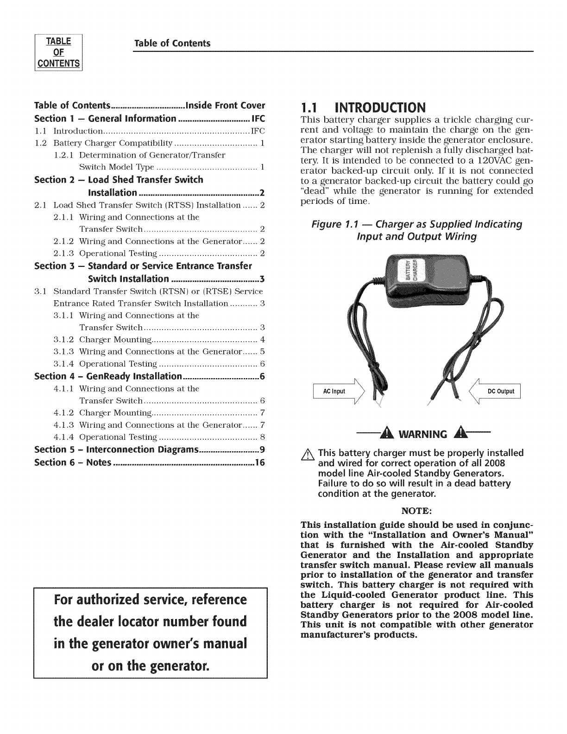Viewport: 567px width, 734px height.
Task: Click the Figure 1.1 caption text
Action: pyautogui.click(x=416, y=230)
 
